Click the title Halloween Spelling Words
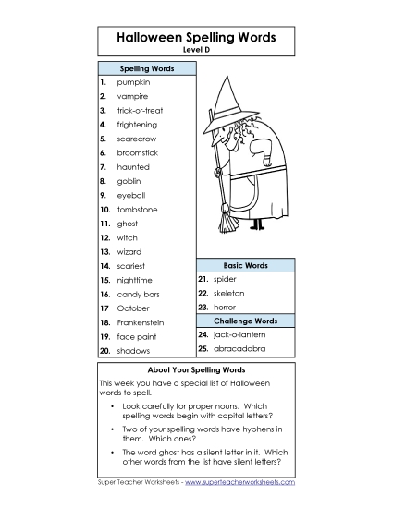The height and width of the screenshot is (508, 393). point(196,38)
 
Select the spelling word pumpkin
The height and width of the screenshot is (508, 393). point(133,82)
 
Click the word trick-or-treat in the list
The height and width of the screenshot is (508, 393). point(140,110)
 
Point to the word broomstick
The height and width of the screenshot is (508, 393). point(137,152)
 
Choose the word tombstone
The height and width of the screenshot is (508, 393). point(137,209)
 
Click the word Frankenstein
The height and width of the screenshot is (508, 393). point(141,322)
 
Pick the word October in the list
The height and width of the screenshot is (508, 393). point(132,308)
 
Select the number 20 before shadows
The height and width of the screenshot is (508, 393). point(104,351)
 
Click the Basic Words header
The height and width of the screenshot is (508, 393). point(245,265)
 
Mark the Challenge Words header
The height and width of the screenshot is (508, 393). point(245,321)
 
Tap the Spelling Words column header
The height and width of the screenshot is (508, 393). point(146,68)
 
